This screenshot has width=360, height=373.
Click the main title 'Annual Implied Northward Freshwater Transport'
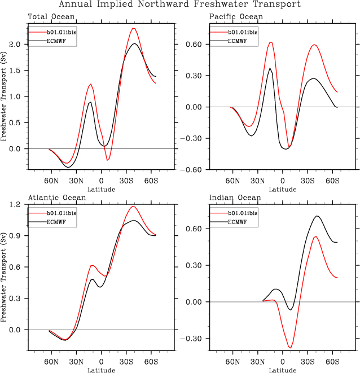tap(180, 5)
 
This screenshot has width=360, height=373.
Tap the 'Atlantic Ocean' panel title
tap(57, 198)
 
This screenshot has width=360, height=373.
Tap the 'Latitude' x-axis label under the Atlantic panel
tap(102, 370)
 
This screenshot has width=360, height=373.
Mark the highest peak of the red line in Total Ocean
tap(133, 28)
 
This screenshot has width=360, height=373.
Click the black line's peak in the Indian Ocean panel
tap(318, 216)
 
